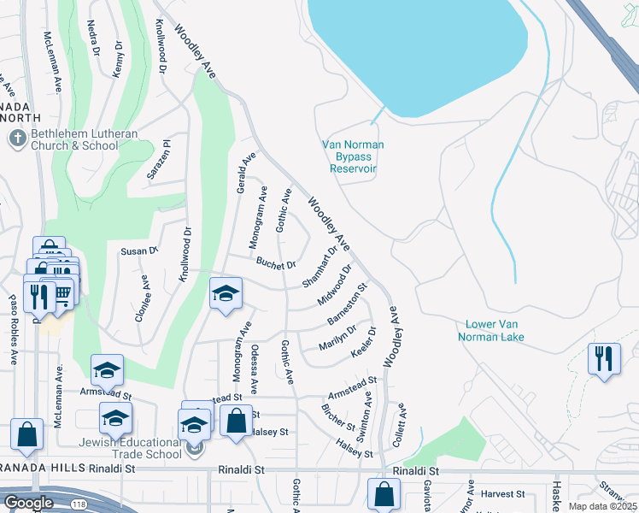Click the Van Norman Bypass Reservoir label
(x=352, y=156)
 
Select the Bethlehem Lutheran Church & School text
(x=74, y=140)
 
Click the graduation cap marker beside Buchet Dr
(x=226, y=295)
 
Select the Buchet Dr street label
(x=276, y=264)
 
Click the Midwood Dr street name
(x=335, y=285)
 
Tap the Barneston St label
(x=347, y=304)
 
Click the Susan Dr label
(x=140, y=251)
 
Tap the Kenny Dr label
(x=118, y=59)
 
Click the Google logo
(x=28, y=503)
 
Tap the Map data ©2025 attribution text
(x=603, y=505)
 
